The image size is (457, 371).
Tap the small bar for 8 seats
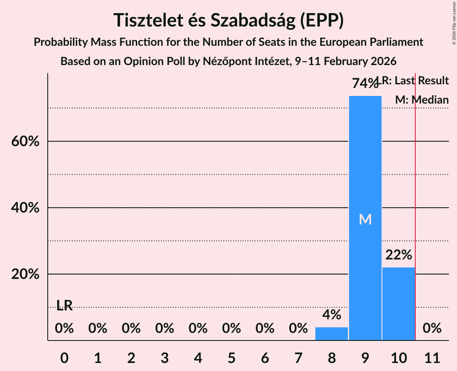(331, 334)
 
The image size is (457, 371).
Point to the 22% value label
(398, 255)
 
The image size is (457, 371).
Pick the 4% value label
(331, 315)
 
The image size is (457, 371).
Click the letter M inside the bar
(365, 219)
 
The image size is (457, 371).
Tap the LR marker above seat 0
(64, 306)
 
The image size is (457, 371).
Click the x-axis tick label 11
(432, 357)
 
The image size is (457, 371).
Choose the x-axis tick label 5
(232, 357)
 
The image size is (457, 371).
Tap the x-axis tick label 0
(64, 357)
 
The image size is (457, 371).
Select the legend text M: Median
(422, 100)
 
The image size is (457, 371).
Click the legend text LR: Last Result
(417, 81)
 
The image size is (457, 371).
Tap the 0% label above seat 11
(432, 328)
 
